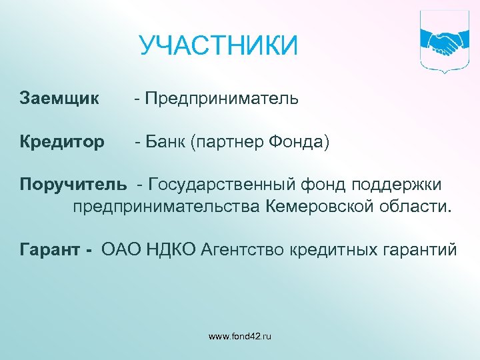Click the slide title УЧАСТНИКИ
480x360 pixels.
pyautogui.click(x=218, y=47)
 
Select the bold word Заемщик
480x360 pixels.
pyautogui.click(x=59, y=99)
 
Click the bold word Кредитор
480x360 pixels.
pyautogui.click(x=62, y=142)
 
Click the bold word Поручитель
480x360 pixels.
pyautogui.click(x=73, y=183)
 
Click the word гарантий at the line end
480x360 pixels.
pyautogui.click(x=419, y=250)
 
